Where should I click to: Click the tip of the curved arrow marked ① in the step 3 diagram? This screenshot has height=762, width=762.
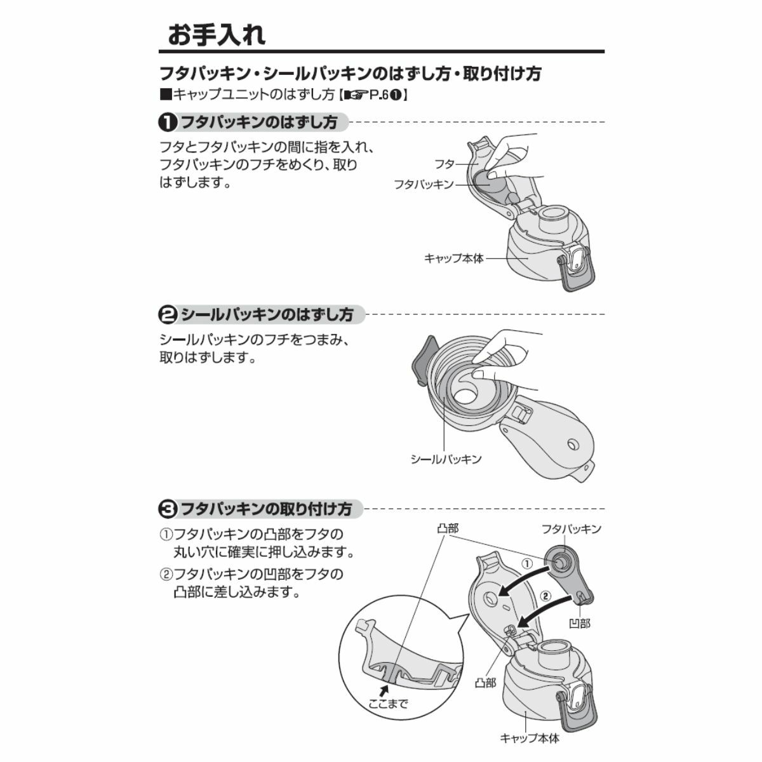[499, 605]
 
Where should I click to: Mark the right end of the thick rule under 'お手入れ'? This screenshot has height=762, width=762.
[605, 51]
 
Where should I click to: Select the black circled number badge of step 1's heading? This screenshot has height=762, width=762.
[167, 123]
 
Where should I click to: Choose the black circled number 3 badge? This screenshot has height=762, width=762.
[167, 509]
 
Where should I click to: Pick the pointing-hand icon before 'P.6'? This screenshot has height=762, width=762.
[356, 95]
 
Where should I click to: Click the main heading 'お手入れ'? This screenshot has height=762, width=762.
[217, 34]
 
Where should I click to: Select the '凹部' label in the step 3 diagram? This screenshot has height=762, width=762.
[579, 624]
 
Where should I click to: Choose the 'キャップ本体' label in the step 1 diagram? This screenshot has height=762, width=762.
[454, 258]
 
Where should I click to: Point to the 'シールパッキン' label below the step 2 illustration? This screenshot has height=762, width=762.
[446, 460]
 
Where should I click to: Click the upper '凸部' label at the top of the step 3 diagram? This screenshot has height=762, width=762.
[448, 528]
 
